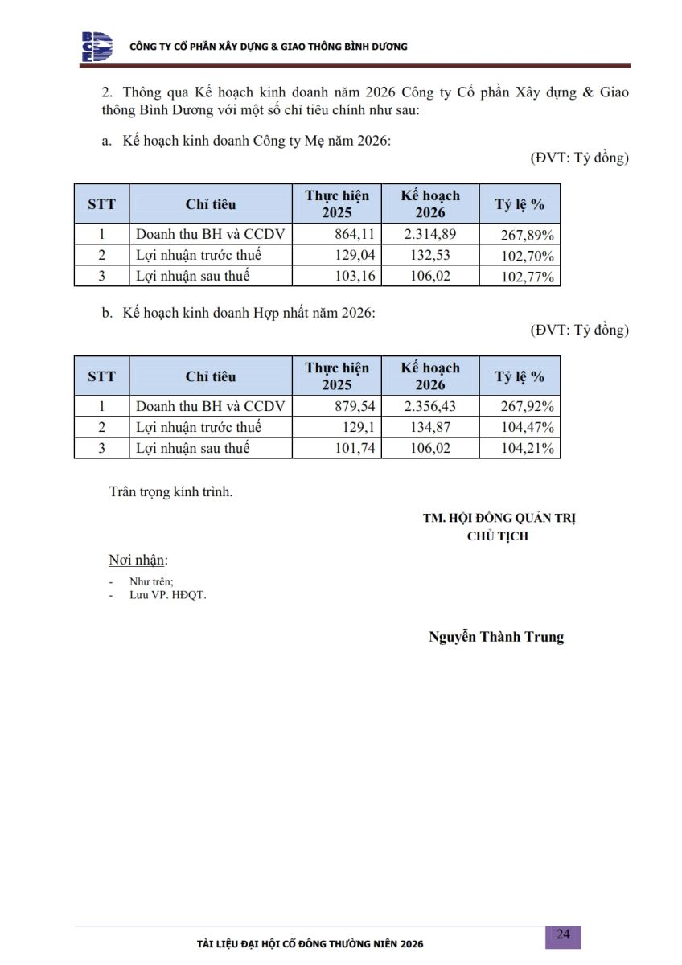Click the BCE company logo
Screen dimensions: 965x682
click(97, 47)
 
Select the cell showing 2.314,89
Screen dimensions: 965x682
click(429, 235)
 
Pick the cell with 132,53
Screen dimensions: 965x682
click(430, 256)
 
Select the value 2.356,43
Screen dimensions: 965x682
click(429, 406)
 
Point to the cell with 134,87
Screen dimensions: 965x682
click(430, 427)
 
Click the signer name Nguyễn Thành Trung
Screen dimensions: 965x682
click(496, 637)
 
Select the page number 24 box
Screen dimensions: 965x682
click(563, 934)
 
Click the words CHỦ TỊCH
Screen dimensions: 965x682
click(498, 536)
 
